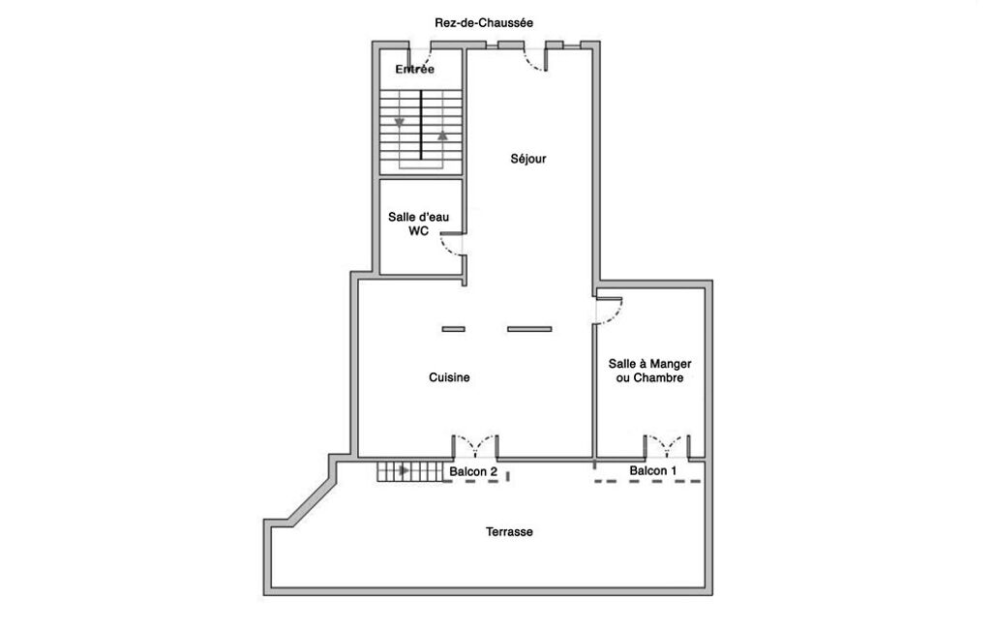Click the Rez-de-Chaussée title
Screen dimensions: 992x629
pos(483,23)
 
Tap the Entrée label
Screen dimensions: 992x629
pos(414,69)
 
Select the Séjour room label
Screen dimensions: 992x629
pos(528,159)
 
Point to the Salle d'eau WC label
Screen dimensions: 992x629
pos(418,224)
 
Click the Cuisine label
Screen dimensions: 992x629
pos(449,377)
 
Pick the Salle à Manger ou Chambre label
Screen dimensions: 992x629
pos(649,371)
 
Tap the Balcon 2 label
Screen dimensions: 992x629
pos(472,471)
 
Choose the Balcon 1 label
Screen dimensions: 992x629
pos(653,471)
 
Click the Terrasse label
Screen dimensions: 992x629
pos(509,531)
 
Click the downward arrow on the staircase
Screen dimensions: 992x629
pos(399,122)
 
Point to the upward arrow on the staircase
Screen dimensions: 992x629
pos(442,135)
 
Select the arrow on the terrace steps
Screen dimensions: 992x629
pos(405,470)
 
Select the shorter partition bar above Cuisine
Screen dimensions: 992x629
pos(453,329)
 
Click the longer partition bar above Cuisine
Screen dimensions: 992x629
pos(529,329)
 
